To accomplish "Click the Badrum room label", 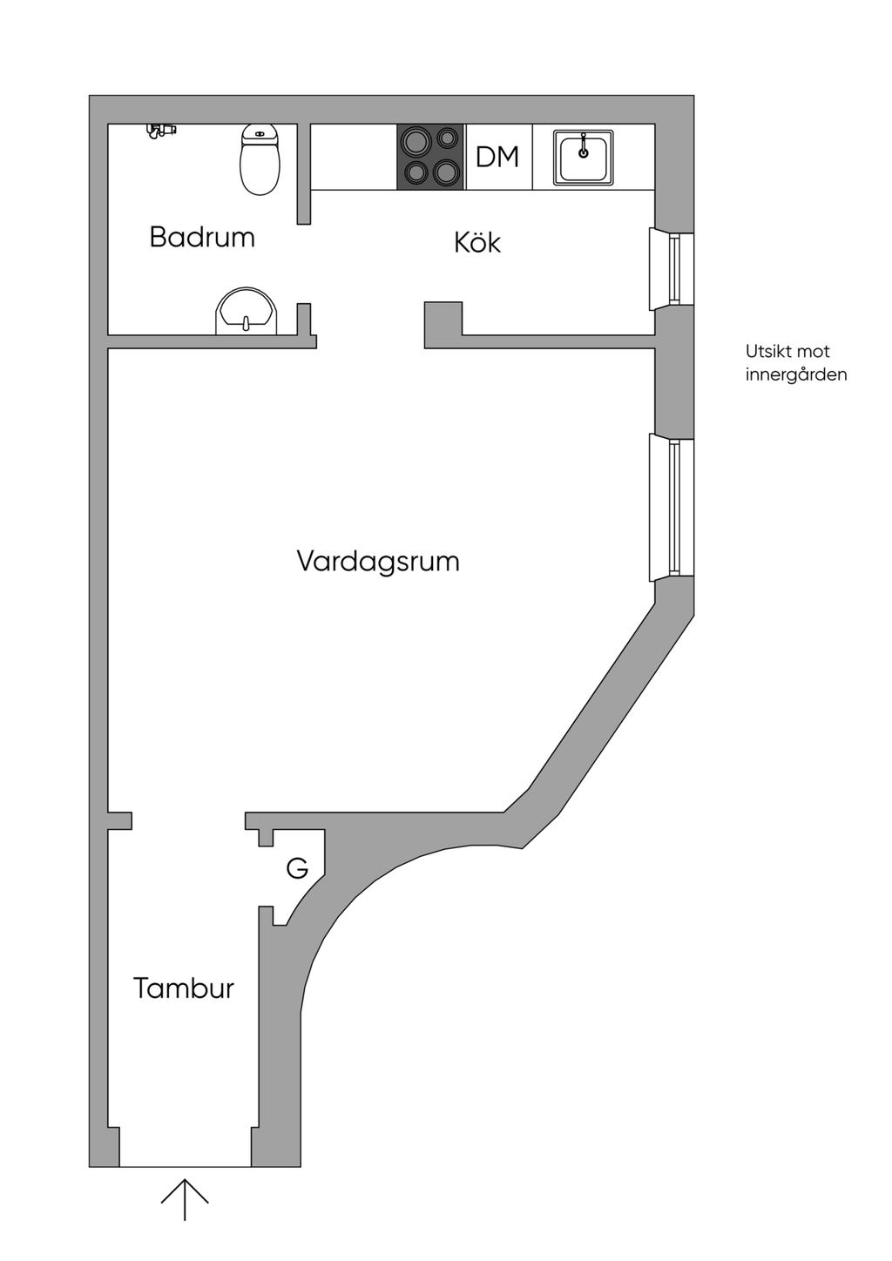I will [x=202, y=237].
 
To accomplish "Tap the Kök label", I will [x=477, y=242].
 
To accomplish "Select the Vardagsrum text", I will [x=378, y=561].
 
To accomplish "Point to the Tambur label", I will [x=184, y=988].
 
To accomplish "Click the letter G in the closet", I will [x=298, y=868].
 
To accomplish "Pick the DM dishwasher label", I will [x=497, y=157].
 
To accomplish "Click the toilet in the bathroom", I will [x=260, y=158].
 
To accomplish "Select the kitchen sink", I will [x=584, y=157].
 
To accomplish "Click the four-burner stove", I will [x=430, y=157].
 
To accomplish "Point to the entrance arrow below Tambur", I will [x=185, y=1199].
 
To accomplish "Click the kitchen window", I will [x=672, y=268].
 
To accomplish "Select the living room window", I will [x=672, y=509].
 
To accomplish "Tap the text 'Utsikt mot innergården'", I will [x=795, y=363].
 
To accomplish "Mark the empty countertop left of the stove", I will [x=354, y=157].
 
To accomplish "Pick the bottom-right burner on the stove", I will [x=447, y=172].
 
